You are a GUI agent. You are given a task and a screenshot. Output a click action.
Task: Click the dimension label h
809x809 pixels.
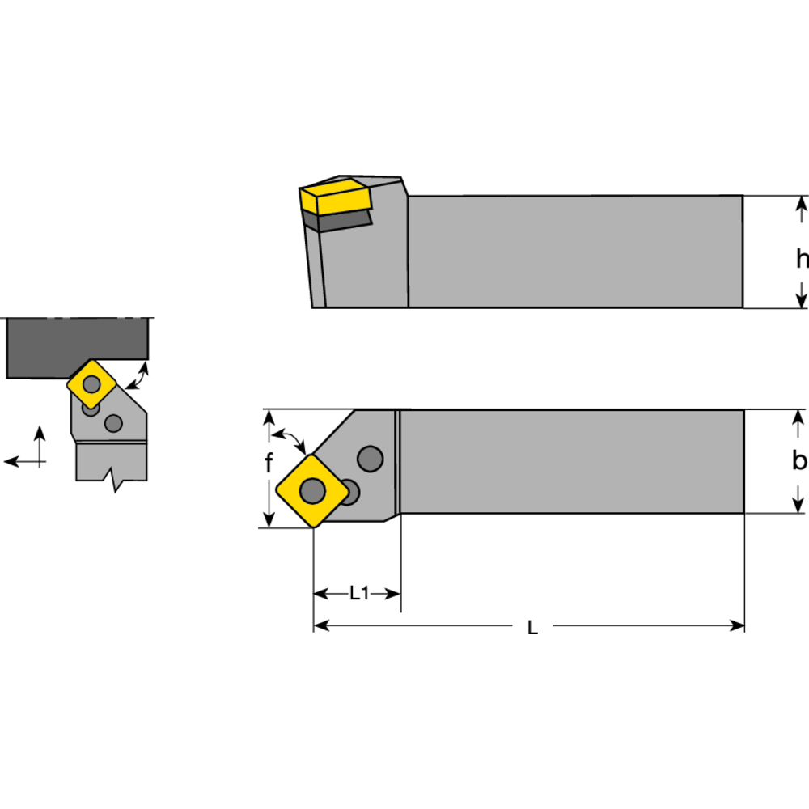[x=801, y=259]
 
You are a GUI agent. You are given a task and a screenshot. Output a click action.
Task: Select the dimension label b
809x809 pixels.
[x=799, y=461]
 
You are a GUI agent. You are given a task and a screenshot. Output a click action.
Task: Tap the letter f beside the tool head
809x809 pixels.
[x=269, y=463]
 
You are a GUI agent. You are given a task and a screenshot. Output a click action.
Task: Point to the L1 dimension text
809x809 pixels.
[x=358, y=594]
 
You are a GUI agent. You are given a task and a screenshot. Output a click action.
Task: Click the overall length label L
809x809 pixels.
[x=532, y=628]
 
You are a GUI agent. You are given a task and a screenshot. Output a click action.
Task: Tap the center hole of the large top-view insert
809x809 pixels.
[x=312, y=489]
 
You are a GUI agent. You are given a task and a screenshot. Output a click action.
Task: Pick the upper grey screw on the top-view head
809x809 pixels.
[x=371, y=459]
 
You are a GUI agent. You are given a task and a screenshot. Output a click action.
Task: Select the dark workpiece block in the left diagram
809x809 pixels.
[x=77, y=348]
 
